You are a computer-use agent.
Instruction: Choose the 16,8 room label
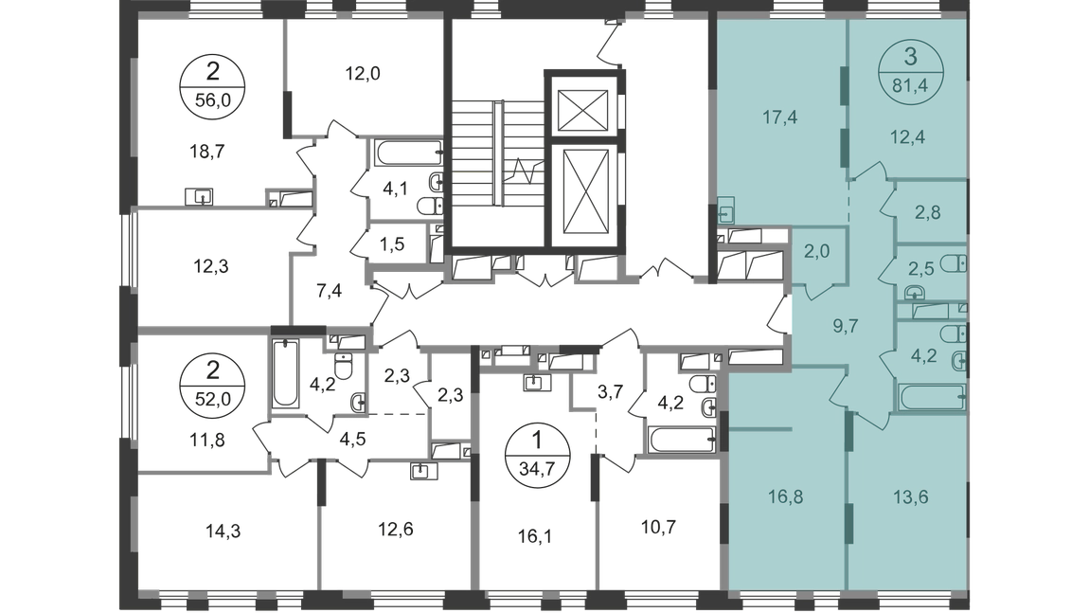[778, 494]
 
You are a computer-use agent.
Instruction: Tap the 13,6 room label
[910, 494]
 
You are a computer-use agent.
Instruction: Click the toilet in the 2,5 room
[957, 263]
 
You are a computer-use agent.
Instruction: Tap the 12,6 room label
[387, 528]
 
